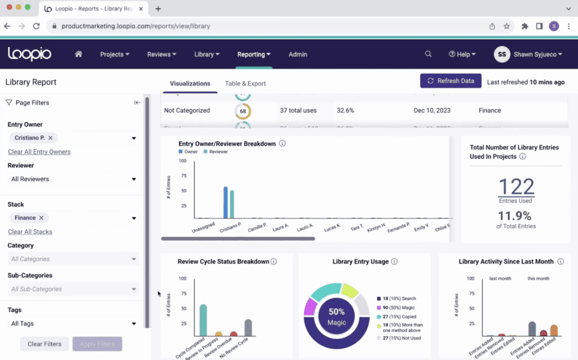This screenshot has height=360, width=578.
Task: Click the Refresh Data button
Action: point(450,81)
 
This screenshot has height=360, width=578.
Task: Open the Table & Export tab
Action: point(245,84)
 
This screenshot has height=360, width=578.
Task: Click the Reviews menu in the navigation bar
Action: point(161,54)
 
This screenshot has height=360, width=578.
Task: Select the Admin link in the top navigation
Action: point(297,54)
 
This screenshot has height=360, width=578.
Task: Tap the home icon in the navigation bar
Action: point(78,54)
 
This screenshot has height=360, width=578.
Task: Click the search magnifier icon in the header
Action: point(428,54)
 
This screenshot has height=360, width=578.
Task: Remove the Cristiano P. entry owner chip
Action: point(50,138)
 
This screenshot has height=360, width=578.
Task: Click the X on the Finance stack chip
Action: point(41,218)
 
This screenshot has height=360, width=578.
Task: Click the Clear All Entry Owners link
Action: point(39,152)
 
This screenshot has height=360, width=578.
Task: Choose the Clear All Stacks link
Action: point(30,232)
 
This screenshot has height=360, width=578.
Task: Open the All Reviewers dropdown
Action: point(73,179)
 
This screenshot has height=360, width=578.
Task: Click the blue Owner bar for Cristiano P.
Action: point(225,203)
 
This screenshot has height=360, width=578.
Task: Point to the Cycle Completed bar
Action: point(203,321)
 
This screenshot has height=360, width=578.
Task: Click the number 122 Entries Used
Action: point(515,187)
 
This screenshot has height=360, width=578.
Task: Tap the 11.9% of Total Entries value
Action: point(515,216)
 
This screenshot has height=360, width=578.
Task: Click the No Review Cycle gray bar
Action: point(248,328)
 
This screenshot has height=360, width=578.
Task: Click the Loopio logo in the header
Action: point(29,54)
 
